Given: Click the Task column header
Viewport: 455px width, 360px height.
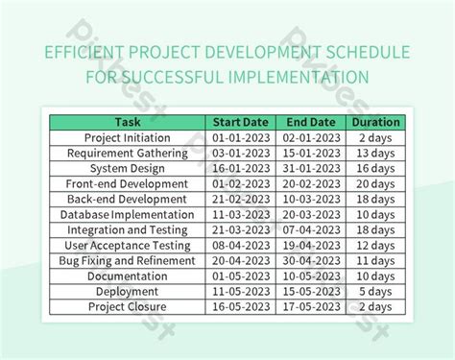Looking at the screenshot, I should (x=128, y=122).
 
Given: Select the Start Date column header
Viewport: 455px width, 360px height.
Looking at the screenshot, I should (x=241, y=122).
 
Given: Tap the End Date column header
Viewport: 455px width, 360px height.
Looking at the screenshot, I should (x=311, y=122).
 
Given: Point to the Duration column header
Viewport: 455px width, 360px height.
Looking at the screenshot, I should (x=375, y=122).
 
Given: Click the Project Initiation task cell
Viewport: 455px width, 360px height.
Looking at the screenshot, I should (x=128, y=137).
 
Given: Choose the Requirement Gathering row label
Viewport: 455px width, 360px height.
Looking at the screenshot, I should (x=128, y=153).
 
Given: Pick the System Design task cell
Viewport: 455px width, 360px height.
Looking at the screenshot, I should (x=128, y=168).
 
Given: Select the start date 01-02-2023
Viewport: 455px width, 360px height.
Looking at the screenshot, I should (x=241, y=183).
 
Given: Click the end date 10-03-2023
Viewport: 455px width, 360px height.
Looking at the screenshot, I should (x=311, y=199).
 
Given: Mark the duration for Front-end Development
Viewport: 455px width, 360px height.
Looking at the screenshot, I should (x=375, y=183).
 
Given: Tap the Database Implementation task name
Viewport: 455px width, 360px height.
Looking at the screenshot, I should (x=128, y=214).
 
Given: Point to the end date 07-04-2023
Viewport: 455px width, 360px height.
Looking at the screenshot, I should (x=311, y=229).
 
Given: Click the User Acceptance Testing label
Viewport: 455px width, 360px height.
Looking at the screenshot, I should (x=128, y=245).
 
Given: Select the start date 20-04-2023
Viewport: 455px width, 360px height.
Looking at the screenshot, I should (x=241, y=260).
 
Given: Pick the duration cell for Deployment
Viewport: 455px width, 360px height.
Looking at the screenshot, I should (x=375, y=291).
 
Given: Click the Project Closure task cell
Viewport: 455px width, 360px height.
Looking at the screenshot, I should (x=128, y=306).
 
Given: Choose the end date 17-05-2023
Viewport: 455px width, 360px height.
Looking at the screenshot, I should (x=311, y=306).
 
